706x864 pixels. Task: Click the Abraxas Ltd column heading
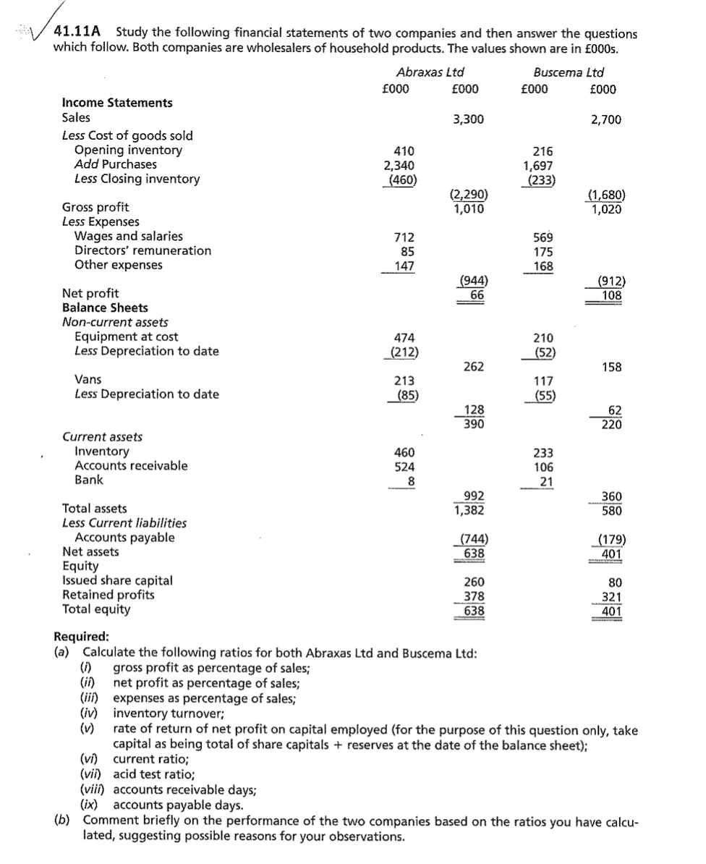click(x=430, y=72)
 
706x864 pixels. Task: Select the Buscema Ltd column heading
click(x=568, y=72)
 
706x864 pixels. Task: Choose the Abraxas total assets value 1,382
click(x=469, y=509)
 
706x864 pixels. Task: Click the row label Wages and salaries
click(x=129, y=236)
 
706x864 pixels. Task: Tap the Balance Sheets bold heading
click(x=105, y=308)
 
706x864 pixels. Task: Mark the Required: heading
click(x=82, y=637)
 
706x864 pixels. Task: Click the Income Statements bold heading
click(x=117, y=103)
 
